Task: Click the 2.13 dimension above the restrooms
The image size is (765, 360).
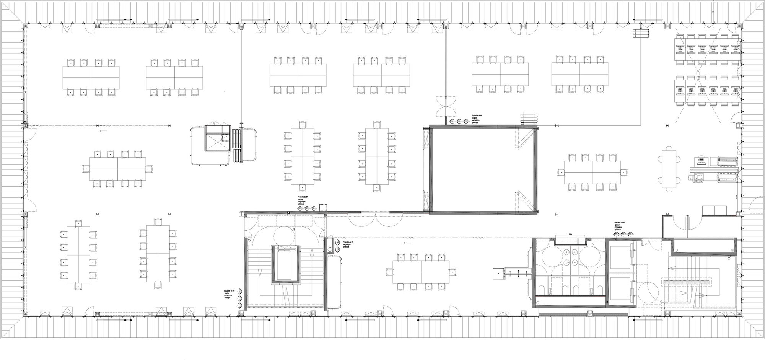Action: pos(570,234)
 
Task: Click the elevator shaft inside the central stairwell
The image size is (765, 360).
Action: pos(285,264)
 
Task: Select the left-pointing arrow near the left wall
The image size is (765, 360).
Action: pos(103,131)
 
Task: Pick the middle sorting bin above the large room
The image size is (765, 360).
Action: pos(458,121)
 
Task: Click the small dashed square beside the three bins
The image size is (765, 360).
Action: pos(324,208)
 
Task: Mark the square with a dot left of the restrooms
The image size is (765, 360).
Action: pos(498,273)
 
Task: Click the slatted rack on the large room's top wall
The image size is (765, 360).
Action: pos(528,119)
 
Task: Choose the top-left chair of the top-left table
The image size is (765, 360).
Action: pos(70,62)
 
